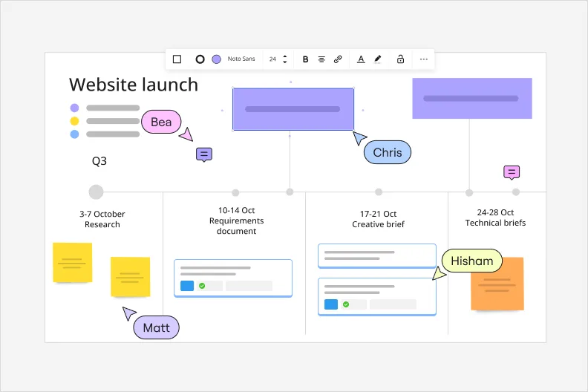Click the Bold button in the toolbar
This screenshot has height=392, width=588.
coord(305,59)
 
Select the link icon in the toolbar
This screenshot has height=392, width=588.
coord(338,59)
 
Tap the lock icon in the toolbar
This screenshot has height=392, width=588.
coord(400,59)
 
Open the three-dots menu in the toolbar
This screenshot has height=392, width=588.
coord(424,59)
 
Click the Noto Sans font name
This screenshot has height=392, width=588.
coord(241,59)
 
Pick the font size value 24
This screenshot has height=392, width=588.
coord(272,59)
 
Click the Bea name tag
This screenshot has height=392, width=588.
coord(161,122)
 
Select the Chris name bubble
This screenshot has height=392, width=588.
coord(388,152)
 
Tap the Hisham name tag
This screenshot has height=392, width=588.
coord(471,261)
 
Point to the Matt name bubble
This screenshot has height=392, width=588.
coord(157,327)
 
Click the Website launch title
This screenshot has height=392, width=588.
coord(134,85)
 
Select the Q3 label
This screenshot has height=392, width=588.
coord(99,161)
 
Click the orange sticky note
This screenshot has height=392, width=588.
coord(497,284)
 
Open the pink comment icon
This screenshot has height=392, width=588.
coord(512,172)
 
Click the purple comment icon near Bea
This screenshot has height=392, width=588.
coord(204,154)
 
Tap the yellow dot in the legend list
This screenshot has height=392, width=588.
coord(75,121)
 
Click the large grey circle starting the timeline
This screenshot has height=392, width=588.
coord(96,192)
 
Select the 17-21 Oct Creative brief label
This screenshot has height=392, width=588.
coord(378,219)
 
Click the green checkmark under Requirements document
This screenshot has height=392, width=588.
coord(202,286)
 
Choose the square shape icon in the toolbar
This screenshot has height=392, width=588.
coord(177,59)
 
